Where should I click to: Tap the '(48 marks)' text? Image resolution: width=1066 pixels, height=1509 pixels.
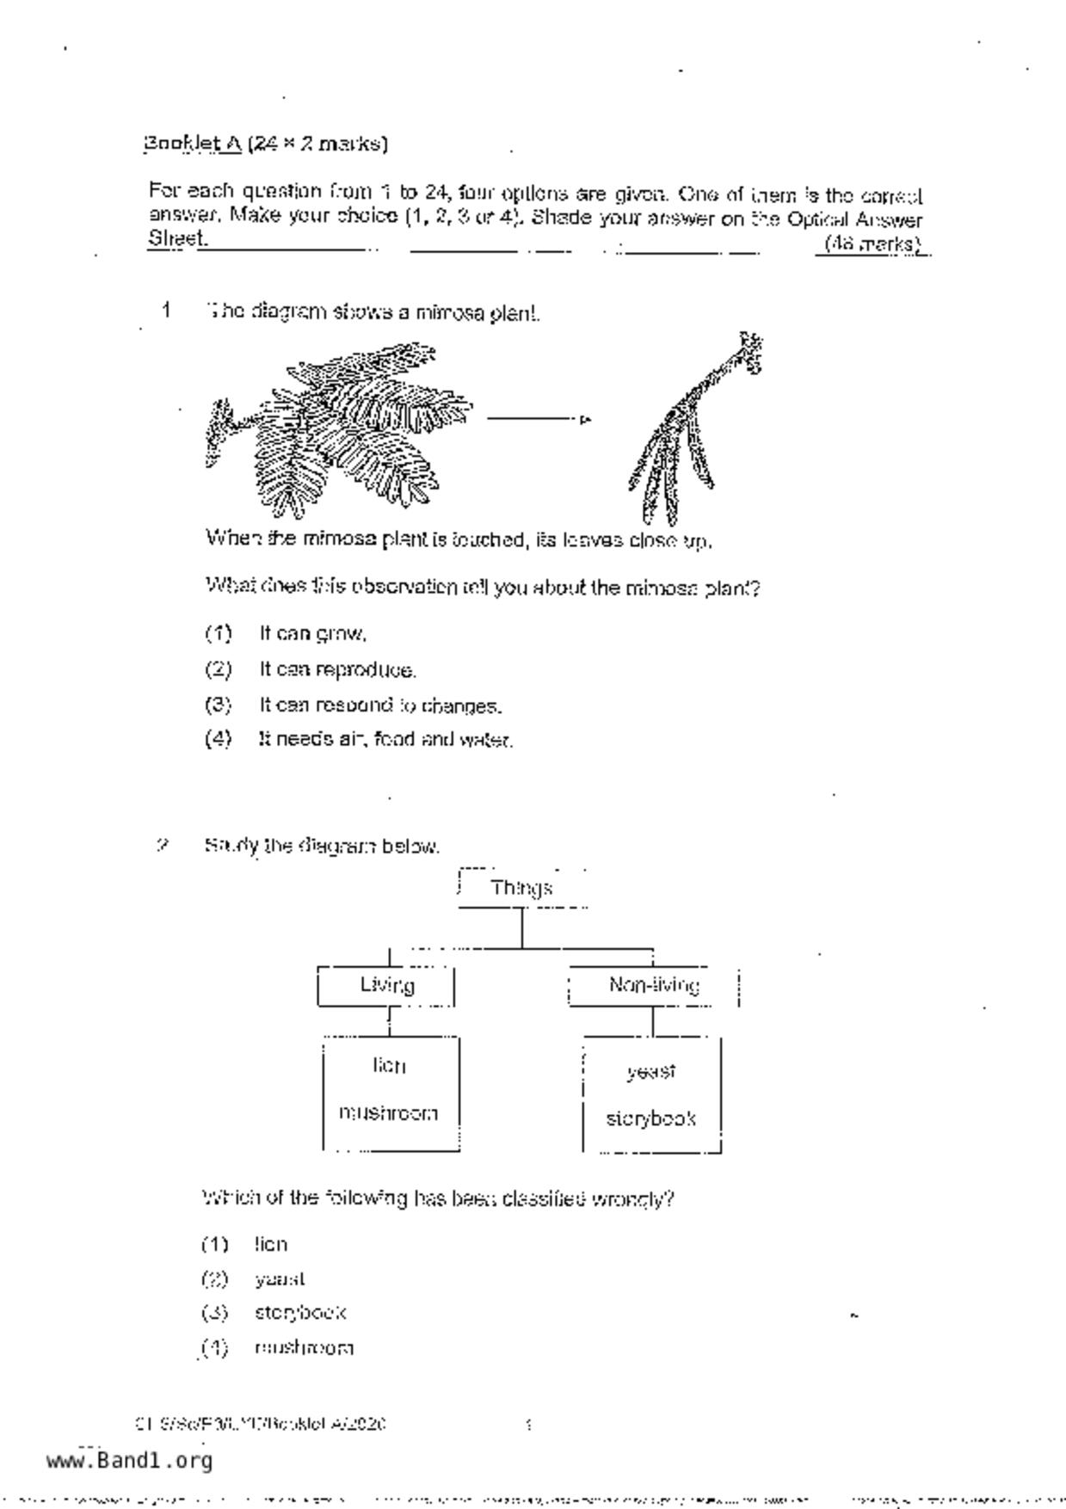(x=872, y=244)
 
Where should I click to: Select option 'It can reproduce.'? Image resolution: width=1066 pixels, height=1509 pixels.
(x=337, y=669)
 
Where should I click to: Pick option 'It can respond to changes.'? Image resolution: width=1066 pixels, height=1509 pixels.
(x=379, y=705)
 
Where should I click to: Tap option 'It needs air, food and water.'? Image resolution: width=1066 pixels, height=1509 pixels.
(x=385, y=739)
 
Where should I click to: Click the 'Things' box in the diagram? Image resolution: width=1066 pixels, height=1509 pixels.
(x=521, y=888)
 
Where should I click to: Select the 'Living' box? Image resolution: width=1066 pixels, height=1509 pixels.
(x=386, y=985)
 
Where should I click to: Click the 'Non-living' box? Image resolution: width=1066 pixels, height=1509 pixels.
(x=653, y=985)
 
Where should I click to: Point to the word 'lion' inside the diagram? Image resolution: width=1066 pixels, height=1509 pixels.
(x=389, y=1066)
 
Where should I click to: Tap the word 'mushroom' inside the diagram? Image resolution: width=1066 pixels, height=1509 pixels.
(x=389, y=1113)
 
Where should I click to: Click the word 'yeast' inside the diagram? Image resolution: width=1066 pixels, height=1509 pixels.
(x=651, y=1072)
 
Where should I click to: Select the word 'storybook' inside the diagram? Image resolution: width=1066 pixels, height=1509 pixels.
(x=651, y=1118)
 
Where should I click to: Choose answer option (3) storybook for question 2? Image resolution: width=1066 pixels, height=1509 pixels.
(x=299, y=1313)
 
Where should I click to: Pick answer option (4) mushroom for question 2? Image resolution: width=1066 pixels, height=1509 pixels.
(x=303, y=1348)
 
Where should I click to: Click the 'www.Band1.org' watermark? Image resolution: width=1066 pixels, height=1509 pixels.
(x=129, y=1461)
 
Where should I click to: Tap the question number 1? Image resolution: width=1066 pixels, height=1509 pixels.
(x=166, y=310)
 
